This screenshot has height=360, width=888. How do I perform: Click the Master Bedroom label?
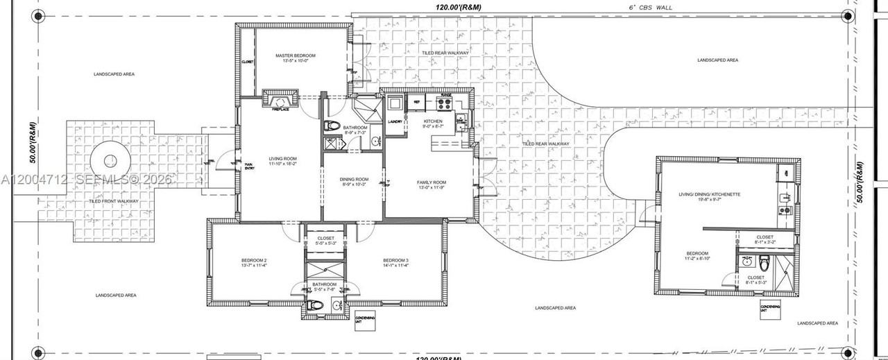[295, 55]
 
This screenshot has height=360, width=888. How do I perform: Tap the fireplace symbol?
[281, 99]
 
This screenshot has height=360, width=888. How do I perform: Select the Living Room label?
[282, 159]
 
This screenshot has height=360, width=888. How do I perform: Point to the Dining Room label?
[354, 180]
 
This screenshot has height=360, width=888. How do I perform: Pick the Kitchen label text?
[433, 121]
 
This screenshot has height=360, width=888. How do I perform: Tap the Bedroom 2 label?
[254, 260]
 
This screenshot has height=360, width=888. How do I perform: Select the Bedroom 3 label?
[396, 260]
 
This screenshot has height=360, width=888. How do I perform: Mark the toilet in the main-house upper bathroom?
[332, 126]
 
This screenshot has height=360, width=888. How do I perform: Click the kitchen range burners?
[445, 105]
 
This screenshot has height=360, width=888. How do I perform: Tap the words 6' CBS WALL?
[650, 8]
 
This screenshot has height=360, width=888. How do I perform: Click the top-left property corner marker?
[38, 15]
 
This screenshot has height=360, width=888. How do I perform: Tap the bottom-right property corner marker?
[847, 350]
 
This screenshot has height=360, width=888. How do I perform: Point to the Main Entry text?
[248, 165]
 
